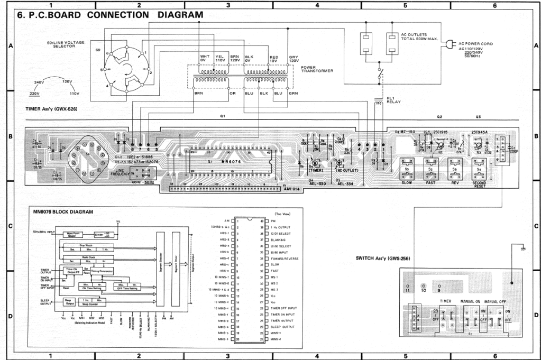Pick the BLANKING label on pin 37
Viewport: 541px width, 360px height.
pos(280,239)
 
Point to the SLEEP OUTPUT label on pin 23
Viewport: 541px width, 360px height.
pos(282,327)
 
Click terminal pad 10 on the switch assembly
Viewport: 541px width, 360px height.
pos(423,290)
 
